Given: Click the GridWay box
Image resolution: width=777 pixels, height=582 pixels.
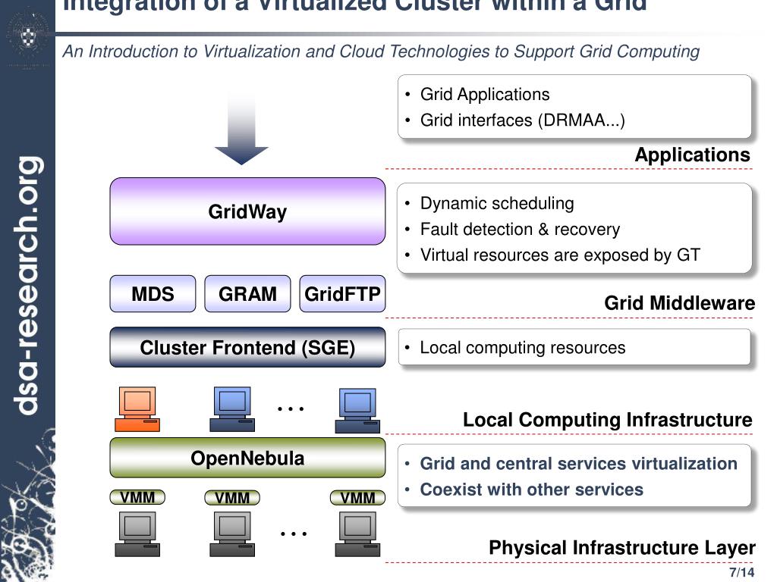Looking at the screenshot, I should (x=247, y=211).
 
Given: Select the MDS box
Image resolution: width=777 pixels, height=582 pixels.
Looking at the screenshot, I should (x=153, y=294).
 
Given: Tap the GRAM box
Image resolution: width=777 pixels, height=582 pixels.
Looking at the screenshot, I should (x=247, y=294).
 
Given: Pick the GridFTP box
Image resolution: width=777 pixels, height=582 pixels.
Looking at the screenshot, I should (x=342, y=294).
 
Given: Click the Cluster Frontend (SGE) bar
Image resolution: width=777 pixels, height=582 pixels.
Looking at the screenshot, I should (x=247, y=348).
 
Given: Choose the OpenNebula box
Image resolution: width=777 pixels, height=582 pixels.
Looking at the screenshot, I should (x=247, y=458).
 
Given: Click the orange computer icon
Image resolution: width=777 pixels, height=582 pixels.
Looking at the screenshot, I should (x=137, y=408).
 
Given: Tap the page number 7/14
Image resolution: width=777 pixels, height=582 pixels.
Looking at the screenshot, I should (x=741, y=572).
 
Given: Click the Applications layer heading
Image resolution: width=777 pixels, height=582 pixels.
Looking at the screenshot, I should (x=692, y=155).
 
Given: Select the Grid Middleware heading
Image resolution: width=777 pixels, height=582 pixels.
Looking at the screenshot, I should (x=679, y=304).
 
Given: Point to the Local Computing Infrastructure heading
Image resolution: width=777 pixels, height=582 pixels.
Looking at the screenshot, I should (x=607, y=420).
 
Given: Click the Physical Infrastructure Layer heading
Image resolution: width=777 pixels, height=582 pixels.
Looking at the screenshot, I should (x=621, y=548).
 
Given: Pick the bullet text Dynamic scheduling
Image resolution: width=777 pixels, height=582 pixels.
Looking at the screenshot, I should (x=497, y=203).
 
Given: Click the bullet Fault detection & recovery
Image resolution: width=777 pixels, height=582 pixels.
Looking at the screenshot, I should (x=520, y=229).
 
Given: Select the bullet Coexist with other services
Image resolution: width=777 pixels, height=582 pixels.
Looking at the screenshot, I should (x=531, y=490).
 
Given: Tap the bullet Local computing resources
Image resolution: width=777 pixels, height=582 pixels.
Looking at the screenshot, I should (x=523, y=348).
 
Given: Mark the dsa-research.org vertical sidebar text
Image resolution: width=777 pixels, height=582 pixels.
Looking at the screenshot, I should (x=29, y=285).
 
